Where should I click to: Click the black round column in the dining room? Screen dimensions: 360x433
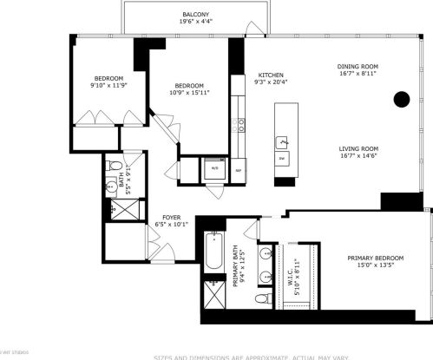(x=401, y=100)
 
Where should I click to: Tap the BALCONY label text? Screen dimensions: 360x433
(x=194, y=15)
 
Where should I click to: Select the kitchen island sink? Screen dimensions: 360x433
(x=282, y=141)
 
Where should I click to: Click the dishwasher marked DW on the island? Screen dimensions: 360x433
(x=282, y=160)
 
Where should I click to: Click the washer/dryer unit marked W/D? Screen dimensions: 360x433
(x=213, y=170)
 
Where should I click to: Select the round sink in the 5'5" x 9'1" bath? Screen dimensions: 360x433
(x=111, y=187)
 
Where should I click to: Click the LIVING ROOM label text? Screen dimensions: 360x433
(x=358, y=148)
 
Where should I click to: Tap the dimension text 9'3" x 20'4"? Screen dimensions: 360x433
(x=266, y=82)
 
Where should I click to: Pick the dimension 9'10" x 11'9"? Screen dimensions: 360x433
(x=108, y=86)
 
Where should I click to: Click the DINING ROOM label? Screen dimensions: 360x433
(x=358, y=67)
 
